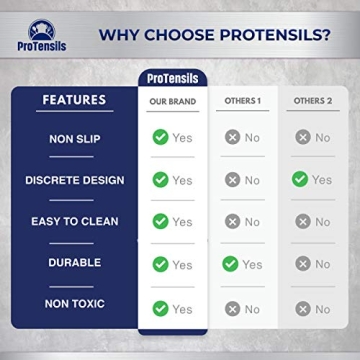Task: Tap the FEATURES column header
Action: tap(73, 100)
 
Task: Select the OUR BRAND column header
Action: tap(172, 101)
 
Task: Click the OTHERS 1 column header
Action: tap(241, 101)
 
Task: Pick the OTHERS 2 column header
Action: tap(310, 101)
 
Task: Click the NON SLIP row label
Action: tap(74, 138)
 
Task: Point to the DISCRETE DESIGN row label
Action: tap(74, 180)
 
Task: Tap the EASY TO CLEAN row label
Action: tap(74, 222)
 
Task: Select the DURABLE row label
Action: tap(74, 263)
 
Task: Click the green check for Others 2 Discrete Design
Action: tap(300, 179)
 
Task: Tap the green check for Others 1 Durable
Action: tap(230, 263)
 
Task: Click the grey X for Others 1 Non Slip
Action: tap(231, 137)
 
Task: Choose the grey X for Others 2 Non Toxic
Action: tap(301, 308)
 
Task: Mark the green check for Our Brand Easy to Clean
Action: tap(160, 221)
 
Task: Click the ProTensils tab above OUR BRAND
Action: tap(172, 78)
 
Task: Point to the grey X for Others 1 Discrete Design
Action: tap(231, 179)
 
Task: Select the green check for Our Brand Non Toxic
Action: tap(160, 308)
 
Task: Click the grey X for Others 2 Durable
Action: tap(301, 263)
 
